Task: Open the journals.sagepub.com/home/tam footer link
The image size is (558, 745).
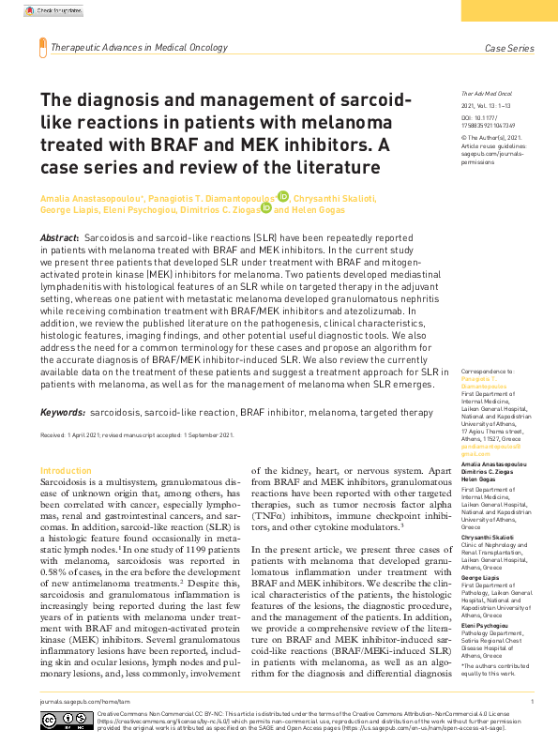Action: click(83, 701)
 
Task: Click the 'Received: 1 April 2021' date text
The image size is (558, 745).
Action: click(75, 435)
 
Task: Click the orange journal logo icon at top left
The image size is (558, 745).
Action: click(42, 46)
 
